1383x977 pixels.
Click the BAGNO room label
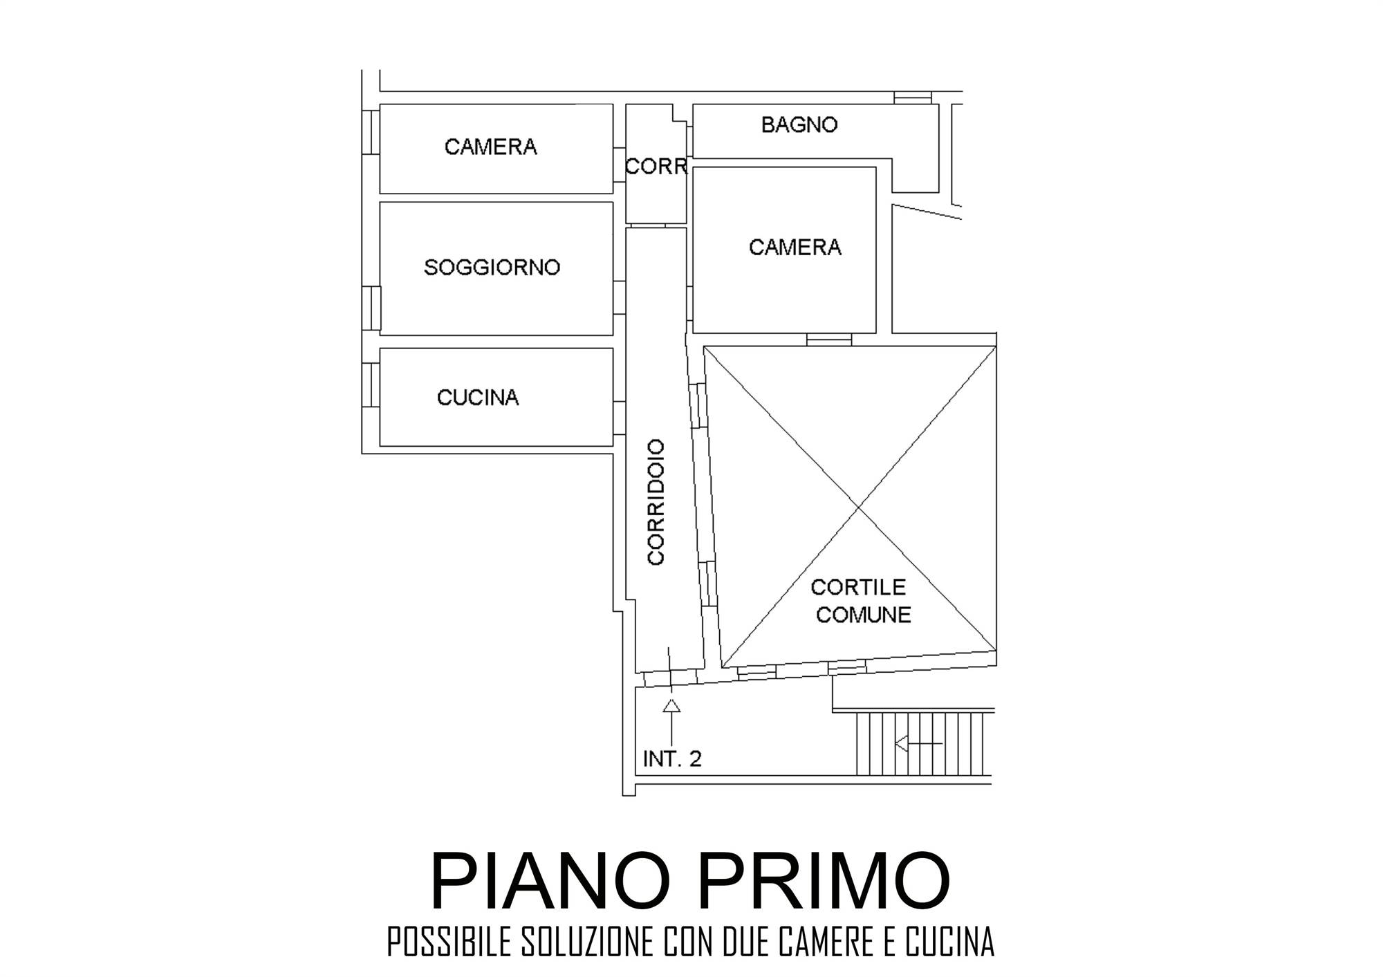click(799, 124)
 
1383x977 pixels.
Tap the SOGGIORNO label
click(492, 268)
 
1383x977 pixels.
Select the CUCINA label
click(478, 398)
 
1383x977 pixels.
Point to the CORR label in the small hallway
click(656, 167)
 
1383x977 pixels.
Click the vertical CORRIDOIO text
click(656, 502)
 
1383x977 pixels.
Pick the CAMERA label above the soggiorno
click(490, 147)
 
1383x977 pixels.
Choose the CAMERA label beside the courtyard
click(795, 248)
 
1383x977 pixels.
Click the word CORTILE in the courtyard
click(858, 587)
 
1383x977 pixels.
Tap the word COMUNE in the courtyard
click(863, 615)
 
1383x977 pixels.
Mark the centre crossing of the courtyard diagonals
click(859, 508)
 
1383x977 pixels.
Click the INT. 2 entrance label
click(672, 759)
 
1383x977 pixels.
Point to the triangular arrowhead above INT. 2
click(671, 705)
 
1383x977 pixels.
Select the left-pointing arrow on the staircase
click(918, 744)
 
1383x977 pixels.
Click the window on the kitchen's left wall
click(371, 384)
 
